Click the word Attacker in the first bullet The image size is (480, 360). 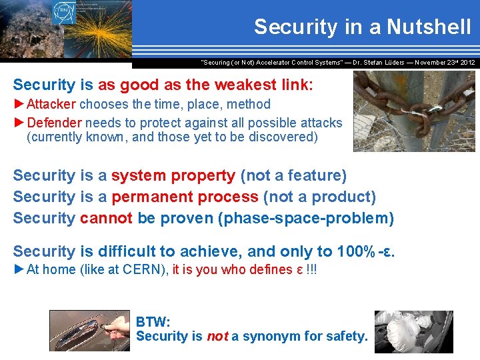point(53,104)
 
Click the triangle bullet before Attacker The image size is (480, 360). point(19,104)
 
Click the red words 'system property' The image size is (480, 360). point(173,176)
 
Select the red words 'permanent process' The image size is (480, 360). point(185,197)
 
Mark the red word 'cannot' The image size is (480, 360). point(107,218)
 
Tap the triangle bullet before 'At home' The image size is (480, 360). point(19,270)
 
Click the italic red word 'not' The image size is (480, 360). point(217,337)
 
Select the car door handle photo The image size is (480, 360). point(89,331)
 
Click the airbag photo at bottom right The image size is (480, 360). point(413,331)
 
